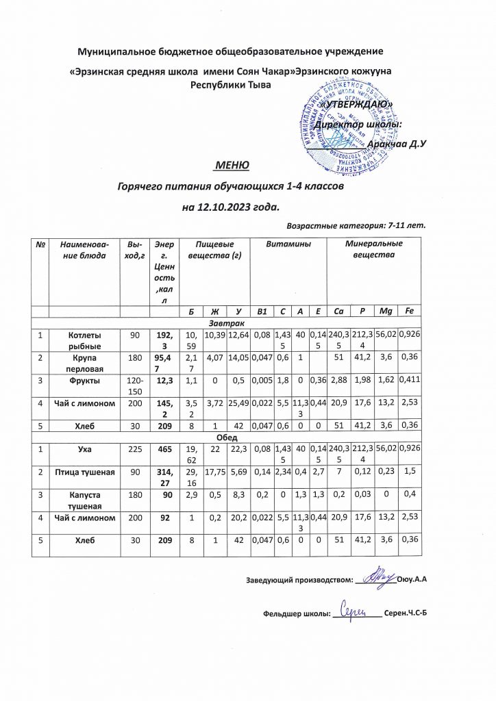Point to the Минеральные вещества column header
point(373,249)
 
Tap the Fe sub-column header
point(409,311)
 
